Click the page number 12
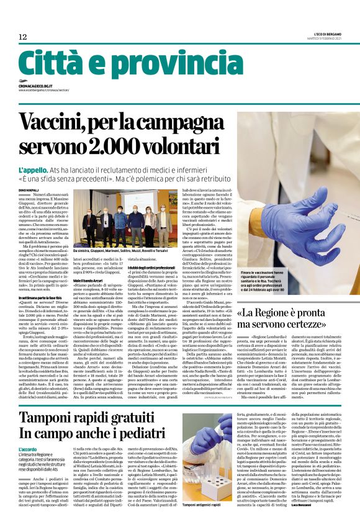pyautogui.click(x=22, y=37)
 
